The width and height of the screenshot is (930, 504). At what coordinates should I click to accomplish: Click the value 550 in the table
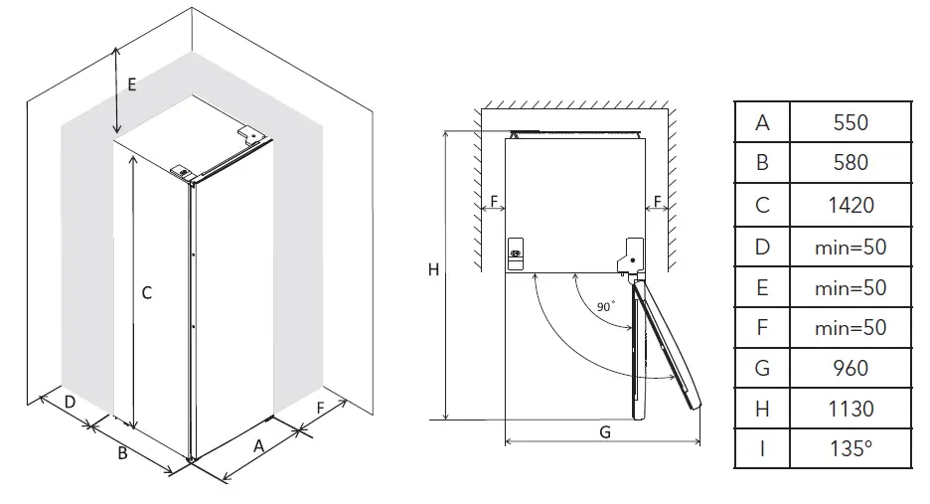[x=851, y=122]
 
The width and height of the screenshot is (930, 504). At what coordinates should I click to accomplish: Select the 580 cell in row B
[x=851, y=162]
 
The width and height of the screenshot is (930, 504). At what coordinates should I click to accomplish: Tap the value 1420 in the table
[x=851, y=205]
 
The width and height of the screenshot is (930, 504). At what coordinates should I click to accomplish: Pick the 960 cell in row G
[x=851, y=368]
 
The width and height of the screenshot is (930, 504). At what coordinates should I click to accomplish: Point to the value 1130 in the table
[x=851, y=409]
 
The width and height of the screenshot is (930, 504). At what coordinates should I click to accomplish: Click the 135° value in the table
[x=851, y=448]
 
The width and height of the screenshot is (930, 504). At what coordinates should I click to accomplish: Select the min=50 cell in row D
[x=851, y=246]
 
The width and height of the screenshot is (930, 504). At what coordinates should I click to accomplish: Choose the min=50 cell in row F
[x=851, y=327]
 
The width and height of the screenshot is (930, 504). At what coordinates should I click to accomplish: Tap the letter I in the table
[x=762, y=448]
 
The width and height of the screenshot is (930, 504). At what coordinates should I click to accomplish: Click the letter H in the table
[x=762, y=409]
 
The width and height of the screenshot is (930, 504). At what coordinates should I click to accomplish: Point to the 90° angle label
[x=606, y=307]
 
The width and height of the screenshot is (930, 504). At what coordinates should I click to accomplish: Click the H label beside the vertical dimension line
[x=433, y=269]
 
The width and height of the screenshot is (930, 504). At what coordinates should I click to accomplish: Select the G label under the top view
[x=604, y=431]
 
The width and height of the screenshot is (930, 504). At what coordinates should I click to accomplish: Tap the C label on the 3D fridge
[x=146, y=292]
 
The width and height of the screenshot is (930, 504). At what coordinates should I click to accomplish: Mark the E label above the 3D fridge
[x=131, y=84]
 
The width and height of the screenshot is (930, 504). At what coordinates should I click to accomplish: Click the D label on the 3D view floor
[x=70, y=402]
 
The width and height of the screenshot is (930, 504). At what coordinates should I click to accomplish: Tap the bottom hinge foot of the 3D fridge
[x=190, y=460]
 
